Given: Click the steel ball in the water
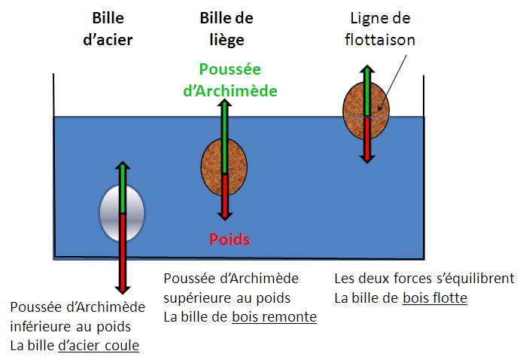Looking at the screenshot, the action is [122, 213].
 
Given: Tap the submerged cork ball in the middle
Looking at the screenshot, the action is [224, 167].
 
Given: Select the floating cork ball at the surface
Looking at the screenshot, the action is [366, 111].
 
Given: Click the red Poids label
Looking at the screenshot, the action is [230, 239].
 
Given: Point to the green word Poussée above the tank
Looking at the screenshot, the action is [230, 69].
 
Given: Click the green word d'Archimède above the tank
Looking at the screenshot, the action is [230, 91].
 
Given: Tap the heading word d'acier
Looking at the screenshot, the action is [108, 40].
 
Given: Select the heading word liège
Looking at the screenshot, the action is [226, 41].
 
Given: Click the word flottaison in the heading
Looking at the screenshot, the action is [380, 40].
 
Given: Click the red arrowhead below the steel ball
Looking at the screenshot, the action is [123, 289].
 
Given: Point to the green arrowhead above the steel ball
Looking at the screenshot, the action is [123, 166].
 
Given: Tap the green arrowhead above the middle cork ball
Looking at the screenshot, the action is [224, 103].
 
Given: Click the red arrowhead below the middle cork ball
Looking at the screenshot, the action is [224, 215].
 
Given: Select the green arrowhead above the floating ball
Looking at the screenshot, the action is [367, 69].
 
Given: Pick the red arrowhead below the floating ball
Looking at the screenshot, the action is [367, 159].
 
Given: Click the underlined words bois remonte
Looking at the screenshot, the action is [274, 317].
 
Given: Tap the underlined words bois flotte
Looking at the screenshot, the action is [435, 298].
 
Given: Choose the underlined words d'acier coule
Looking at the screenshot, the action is [99, 346].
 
